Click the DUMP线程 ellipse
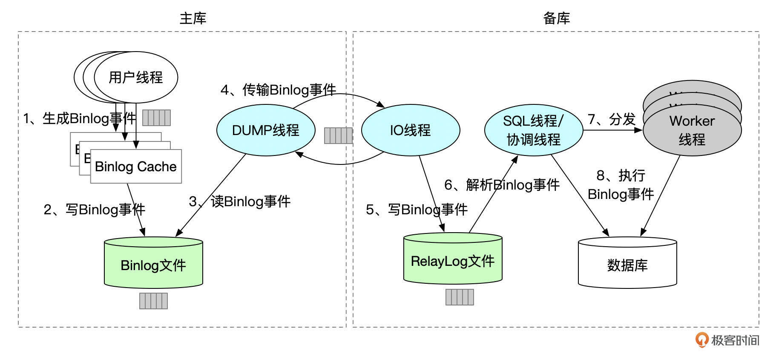point(266,130)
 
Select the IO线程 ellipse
point(410,130)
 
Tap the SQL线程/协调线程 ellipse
point(533,130)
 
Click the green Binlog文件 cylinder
point(153,264)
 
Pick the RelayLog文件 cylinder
point(452,260)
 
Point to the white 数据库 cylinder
point(627,264)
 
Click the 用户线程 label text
point(136,77)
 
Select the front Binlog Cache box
point(136,166)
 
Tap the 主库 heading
point(193,18)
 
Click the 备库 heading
point(556,18)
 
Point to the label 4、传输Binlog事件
point(278,90)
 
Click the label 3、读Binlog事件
point(240,201)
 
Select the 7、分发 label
point(612,119)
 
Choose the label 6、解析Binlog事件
point(502,184)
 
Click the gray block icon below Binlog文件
point(153,301)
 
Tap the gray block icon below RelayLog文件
point(460,297)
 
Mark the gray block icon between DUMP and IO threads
point(338,135)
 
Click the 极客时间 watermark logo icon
point(701,340)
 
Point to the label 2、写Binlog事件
point(95,209)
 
